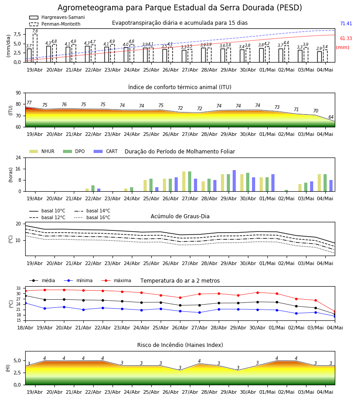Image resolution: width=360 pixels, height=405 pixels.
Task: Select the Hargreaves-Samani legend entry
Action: point(57,17)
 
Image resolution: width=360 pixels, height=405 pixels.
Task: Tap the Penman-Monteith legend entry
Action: point(55,24)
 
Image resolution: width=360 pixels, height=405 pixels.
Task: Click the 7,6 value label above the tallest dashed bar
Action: point(35,31)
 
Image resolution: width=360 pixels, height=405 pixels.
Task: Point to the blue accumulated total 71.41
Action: point(346,23)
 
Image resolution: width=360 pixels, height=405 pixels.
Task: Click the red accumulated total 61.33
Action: point(346,38)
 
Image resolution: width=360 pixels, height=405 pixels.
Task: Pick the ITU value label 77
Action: point(29,103)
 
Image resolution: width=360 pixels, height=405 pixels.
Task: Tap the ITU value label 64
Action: point(331,117)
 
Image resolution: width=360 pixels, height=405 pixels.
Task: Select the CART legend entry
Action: point(106,151)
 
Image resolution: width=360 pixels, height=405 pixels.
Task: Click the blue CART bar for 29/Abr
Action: point(234,181)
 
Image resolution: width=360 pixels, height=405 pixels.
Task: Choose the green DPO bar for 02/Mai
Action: point(286,191)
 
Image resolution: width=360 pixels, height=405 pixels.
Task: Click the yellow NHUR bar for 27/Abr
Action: point(184,182)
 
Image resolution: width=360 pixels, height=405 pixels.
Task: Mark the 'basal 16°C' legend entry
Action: point(92,217)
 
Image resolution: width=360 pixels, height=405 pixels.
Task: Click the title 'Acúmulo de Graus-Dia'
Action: point(180,216)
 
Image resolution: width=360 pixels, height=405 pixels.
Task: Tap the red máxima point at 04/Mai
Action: point(335,311)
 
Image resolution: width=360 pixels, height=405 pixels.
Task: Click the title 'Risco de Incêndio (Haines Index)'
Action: point(180,345)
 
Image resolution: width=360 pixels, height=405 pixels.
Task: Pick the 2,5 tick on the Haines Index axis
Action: point(18,373)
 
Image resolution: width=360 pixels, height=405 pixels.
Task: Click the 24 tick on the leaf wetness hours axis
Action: point(18,157)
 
